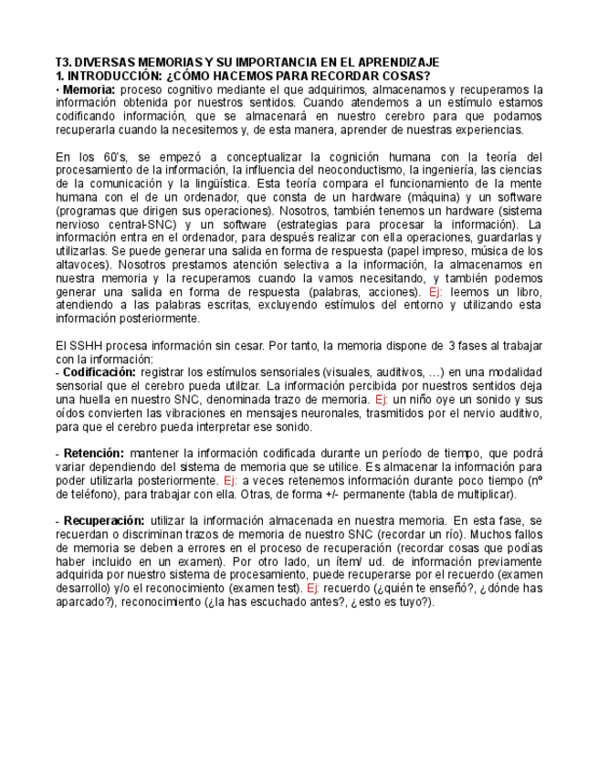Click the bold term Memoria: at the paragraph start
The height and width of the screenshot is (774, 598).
pos(89,89)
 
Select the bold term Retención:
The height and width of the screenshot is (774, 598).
pos(91,453)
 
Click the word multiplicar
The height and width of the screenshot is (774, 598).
pos(483,494)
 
